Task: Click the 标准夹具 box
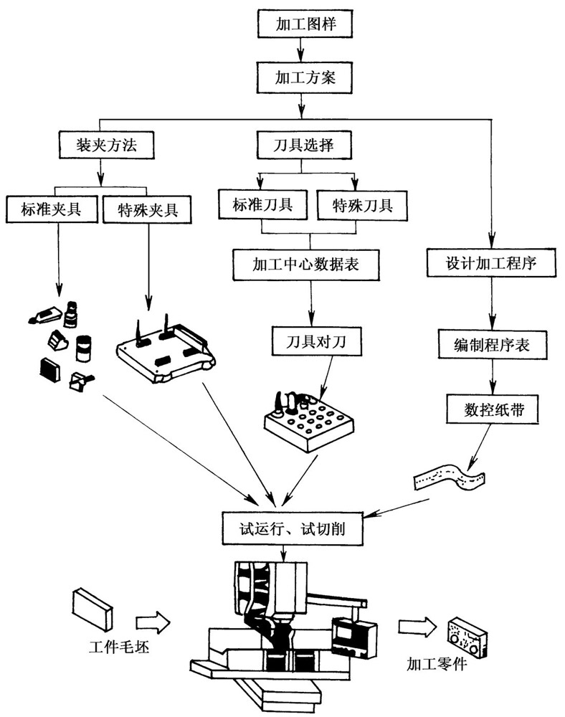pos(50,209)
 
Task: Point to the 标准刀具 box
pos(261,206)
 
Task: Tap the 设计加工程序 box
pos(492,263)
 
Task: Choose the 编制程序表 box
pos(493,345)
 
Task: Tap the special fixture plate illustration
pos(166,351)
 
